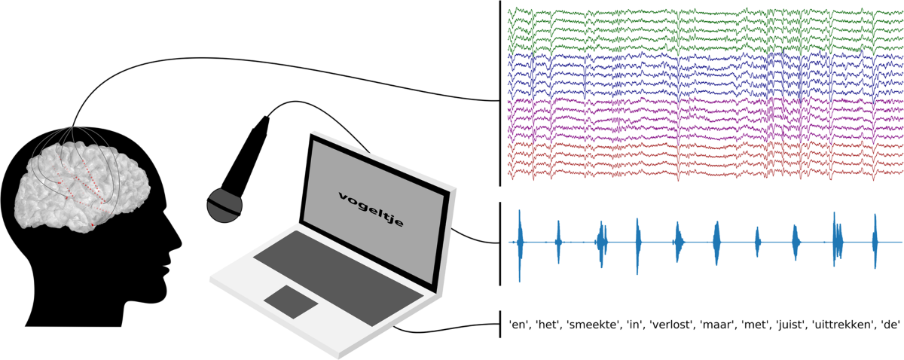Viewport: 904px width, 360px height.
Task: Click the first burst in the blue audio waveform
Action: click(x=520, y=242)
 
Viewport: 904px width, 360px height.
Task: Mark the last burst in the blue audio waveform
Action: click(x=875, y=241)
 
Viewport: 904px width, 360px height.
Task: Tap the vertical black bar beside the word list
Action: click(x=501, y=324)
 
